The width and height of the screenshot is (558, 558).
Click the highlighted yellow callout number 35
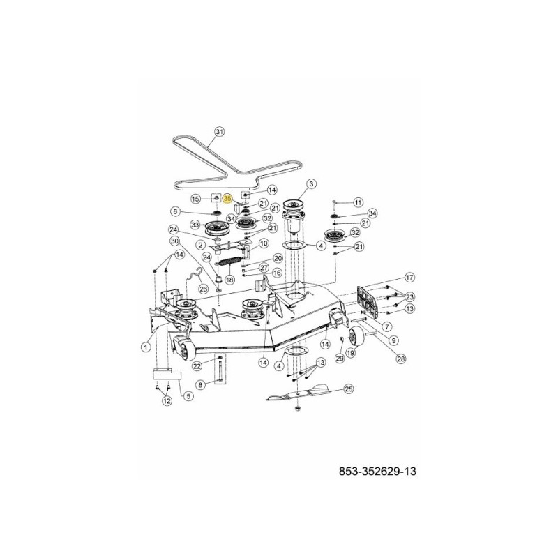(x=227, y=198)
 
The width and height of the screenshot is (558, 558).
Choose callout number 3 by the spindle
(x=311, y=183)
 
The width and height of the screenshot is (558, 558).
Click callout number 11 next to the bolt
(x=357, y=202)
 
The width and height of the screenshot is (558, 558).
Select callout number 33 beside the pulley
(x=195, y=225)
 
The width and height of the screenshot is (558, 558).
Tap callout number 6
(x=176, y=212)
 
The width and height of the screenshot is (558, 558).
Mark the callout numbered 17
(x=409, y=277)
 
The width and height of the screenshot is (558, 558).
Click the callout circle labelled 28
(x=400, y=359)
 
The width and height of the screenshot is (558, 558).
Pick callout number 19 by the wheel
(x=351, y=354)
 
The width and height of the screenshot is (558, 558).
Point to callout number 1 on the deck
(x=146, y=346)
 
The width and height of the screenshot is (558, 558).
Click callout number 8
(x=201, y=384)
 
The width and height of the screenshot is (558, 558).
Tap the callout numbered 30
(x=175, y=241)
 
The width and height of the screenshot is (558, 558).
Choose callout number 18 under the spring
(x=229, y=279)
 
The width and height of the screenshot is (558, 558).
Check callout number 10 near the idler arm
(x=263, y=243)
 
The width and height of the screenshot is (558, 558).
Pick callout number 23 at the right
(x=410, y=296)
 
